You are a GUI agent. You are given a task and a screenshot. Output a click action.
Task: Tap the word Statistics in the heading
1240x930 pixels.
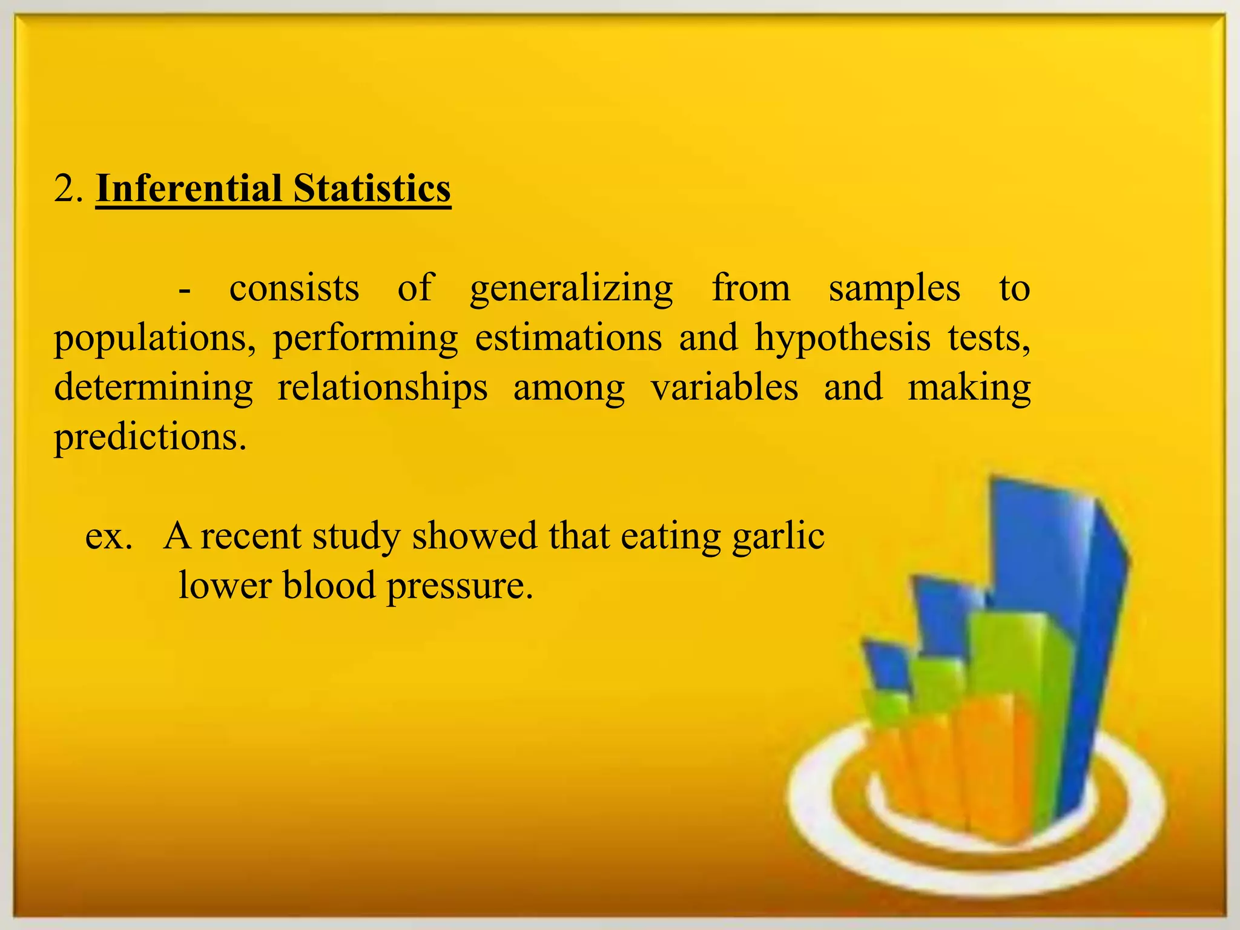(372, 188)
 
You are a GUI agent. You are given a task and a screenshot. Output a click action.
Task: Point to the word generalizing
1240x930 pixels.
(571, 289)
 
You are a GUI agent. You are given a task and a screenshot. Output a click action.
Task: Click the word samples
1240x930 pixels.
(894, 289)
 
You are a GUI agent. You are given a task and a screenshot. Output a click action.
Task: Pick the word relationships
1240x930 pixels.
(382, 389)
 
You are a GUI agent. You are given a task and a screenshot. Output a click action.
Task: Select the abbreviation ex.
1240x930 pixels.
(109, 536)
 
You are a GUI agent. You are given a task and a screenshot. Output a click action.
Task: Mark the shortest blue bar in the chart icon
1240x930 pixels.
(885, 666)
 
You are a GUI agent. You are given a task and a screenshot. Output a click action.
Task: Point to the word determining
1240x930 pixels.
(153, 389)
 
